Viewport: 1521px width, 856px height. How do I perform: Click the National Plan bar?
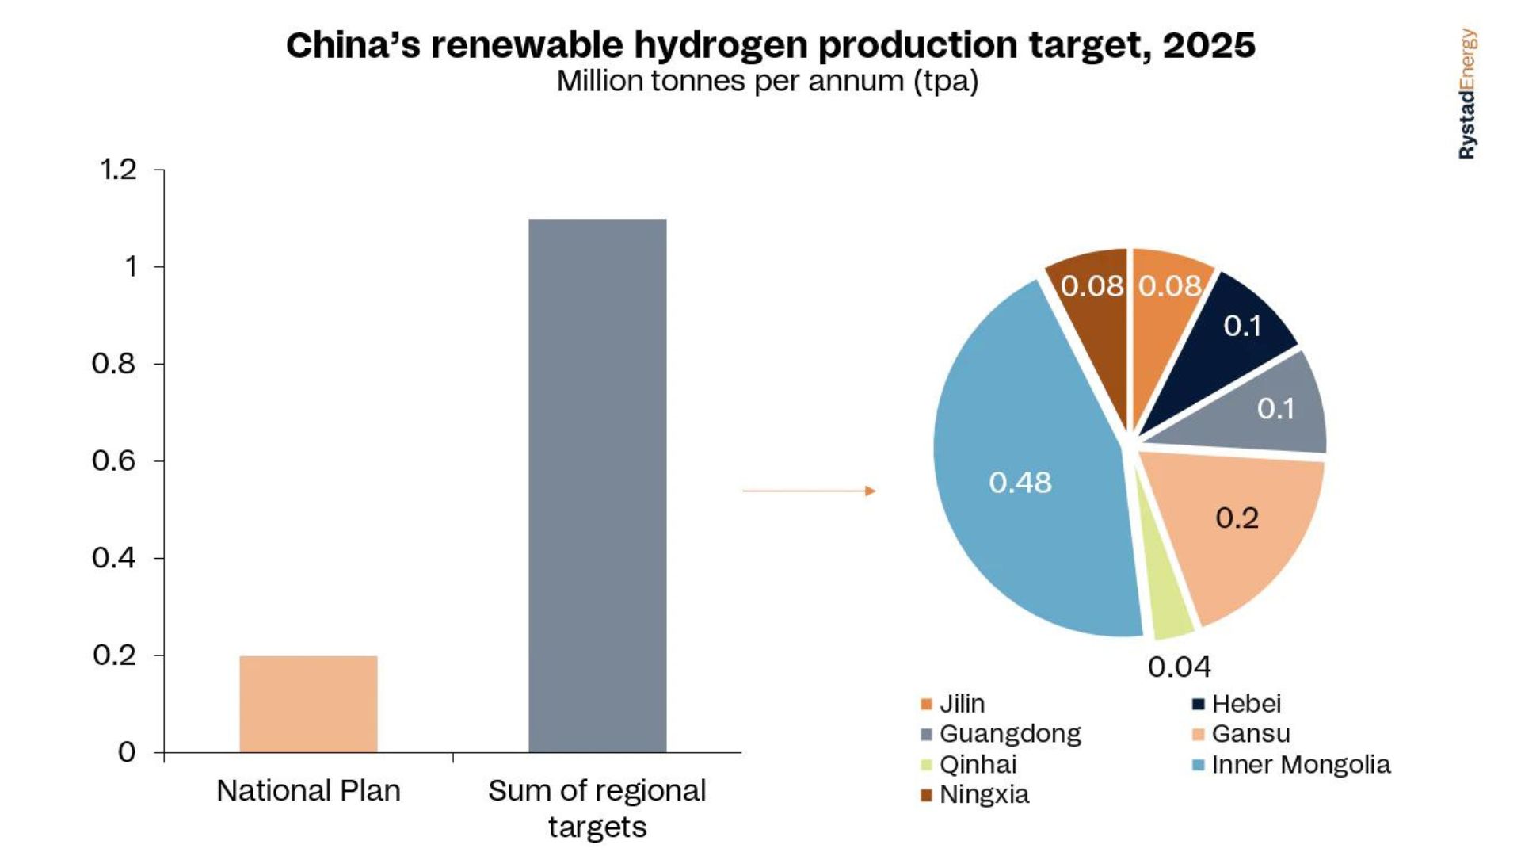[x=308, y=704]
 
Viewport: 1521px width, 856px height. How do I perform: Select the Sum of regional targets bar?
[x=597, y=485]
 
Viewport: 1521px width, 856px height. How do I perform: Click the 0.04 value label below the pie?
[x=1179, y=667]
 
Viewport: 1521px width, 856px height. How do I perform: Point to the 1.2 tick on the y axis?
[x=118, y=170]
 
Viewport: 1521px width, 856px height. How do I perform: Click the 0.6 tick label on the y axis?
[x=114, y=460]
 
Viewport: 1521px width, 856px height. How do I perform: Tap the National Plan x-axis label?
[x=308, y=791]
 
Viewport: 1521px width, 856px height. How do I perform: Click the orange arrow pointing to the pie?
[x=808, y=491]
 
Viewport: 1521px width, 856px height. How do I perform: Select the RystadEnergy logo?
[x=1467, y=94]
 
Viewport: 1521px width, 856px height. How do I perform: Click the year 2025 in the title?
[x=1208, y=45]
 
